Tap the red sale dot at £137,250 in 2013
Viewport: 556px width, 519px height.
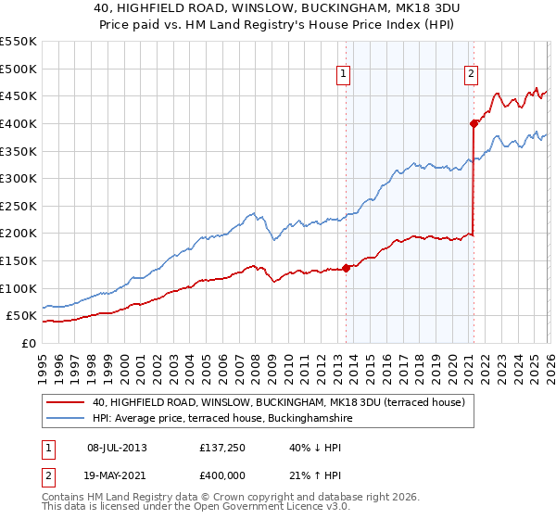tap(346, 268)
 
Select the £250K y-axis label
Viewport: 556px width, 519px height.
tap(19, 206)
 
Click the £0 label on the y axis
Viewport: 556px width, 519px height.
tap(29, 343)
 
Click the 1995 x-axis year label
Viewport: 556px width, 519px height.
tap(43, 365)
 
